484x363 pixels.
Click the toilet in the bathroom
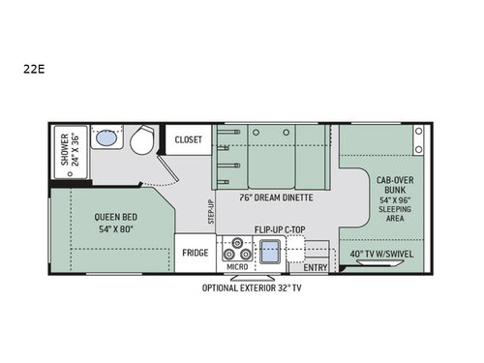[141, 141]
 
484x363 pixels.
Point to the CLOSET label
[188, 139]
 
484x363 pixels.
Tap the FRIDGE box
[196, 253]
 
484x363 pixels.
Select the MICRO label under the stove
[236, 266]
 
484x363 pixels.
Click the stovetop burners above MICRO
[236, 250]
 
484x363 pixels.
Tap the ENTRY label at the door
[315, 266]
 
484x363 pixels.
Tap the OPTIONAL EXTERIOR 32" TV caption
[252, 287]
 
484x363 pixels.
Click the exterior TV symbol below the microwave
[237, 277]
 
